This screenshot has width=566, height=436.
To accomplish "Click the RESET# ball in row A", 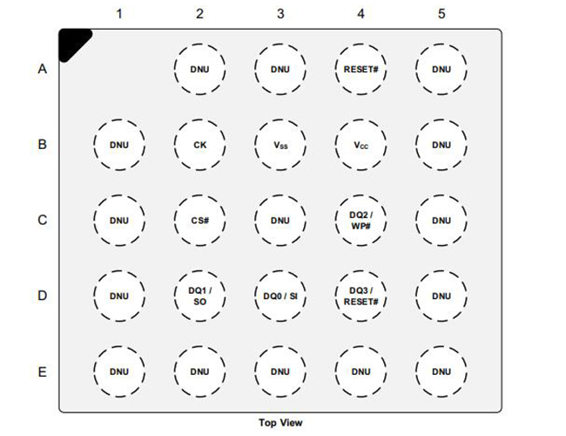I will [360, 69].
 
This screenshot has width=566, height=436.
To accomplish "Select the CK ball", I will [199, 145].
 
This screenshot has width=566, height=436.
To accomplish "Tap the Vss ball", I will [280, 145].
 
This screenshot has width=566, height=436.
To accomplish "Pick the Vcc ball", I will [360, 145].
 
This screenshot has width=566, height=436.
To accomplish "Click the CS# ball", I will [199, 221].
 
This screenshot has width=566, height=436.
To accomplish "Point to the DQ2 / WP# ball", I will [360, 221].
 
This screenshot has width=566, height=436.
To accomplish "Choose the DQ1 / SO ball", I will [199, 296].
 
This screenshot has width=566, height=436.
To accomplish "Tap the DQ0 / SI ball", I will [280, 296].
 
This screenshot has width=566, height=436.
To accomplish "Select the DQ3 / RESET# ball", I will [360, 296].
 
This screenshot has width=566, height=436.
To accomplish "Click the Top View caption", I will [280, 423].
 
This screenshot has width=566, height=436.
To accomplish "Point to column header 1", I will [119, 14].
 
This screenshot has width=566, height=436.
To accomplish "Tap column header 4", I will [360, 14].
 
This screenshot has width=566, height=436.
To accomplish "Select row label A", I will [41, 69].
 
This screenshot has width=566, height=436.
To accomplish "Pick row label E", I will [41, 371].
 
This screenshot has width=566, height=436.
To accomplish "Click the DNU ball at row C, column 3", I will [280, 221].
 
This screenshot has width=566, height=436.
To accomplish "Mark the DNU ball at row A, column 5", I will [441, 69].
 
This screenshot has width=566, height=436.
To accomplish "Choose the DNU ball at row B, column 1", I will [119, 145].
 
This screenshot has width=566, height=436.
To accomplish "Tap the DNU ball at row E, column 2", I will [199, 371].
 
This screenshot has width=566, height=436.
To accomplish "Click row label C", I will [41, 221].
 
